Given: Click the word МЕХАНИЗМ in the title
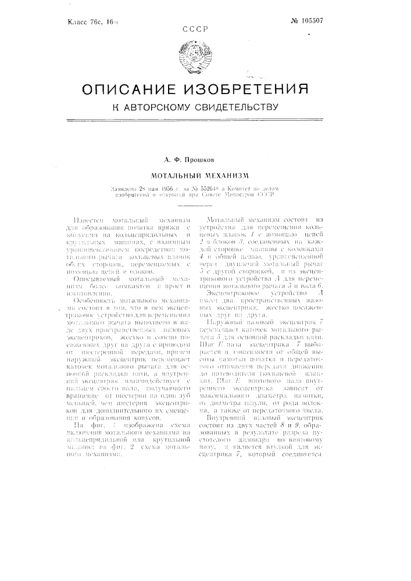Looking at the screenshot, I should click(230, 173).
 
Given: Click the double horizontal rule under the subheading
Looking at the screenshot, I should click(205, 120).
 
